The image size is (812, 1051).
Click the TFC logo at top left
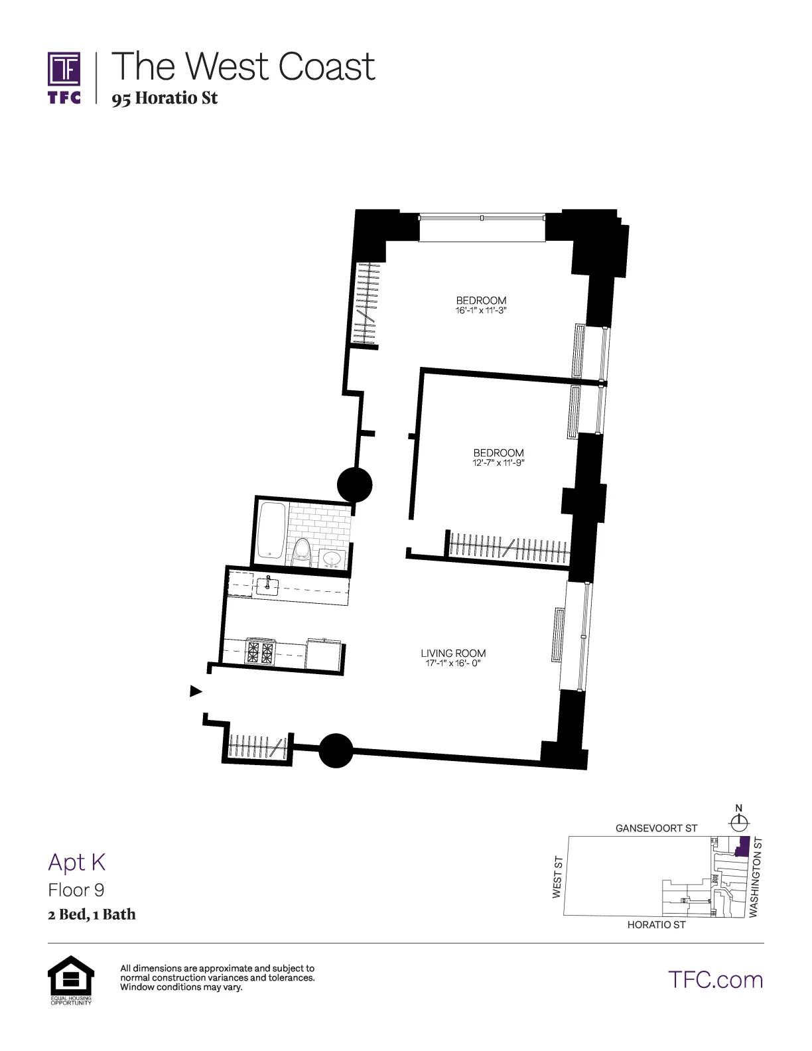click(x=64, y=78)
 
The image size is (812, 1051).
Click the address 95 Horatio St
click(x=165, y=98)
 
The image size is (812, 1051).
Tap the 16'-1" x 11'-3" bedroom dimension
click(x=481, y=311)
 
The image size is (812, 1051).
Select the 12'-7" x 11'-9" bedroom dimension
click(x=498, y=463)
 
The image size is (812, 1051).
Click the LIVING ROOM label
click(x=453, y=653)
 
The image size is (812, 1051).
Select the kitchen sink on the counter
click(x=267, y=586)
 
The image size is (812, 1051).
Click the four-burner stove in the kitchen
click(x=260, y=652)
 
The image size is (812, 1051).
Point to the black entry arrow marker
click(x=196, y=691)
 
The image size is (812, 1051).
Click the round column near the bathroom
click(x=355, y=484)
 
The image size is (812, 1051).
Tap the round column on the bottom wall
click(x=336, y=750)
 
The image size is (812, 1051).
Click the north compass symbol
click(x=739, y=823)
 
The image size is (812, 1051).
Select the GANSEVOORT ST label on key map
click(x=656, y=828)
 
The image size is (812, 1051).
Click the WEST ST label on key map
click(x=558, y=877)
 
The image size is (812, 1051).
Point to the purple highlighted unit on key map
click(x=742, y=847)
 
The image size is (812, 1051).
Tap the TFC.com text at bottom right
click(x=715, y=980)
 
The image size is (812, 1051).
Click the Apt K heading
click(x=77, y=862)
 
